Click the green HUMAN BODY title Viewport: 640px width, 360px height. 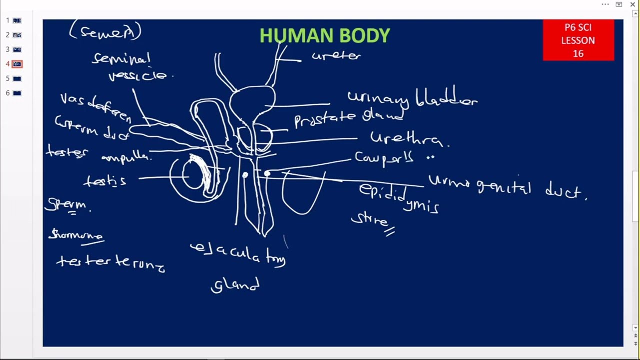tap(325, 36)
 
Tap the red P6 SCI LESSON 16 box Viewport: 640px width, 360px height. tap(578, 40)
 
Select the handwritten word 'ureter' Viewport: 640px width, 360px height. tap(336, 56)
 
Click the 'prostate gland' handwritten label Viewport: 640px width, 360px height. tap(348, 119)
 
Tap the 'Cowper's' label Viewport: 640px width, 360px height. tap(385, 158)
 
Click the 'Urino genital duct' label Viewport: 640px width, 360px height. tap(507, 188)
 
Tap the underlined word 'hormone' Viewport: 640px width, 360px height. tap(76, 235)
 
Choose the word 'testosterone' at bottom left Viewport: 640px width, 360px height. tap(110, 262)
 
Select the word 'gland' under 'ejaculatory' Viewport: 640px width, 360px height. tap(235, 286)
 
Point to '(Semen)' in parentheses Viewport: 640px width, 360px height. tap(105, 32)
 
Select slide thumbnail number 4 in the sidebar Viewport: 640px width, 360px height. tap(17, 64)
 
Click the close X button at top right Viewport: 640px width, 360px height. tap(633, 4)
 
